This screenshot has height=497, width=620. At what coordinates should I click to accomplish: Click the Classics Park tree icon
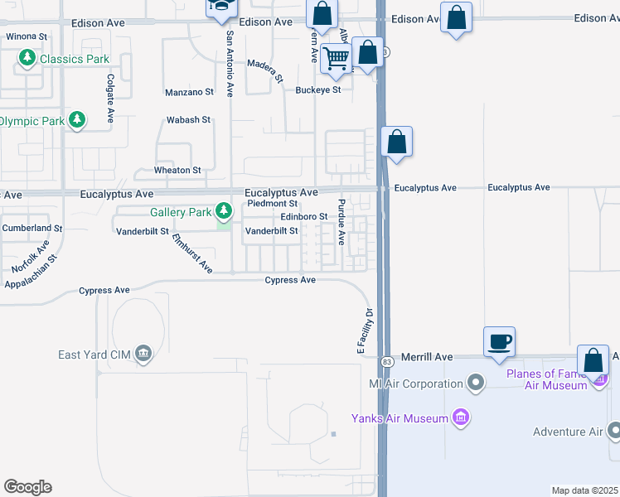click(27, 58)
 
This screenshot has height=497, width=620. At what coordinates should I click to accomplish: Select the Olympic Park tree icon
click(77, 121)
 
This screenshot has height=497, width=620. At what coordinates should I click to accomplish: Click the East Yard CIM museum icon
click(143, 355)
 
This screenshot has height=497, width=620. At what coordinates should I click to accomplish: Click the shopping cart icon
click(336, 59)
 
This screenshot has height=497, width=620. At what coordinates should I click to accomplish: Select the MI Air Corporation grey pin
click(475, 384)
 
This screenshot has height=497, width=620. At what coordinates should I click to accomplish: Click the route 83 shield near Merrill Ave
click(386, 362)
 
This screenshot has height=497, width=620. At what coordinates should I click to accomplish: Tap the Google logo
click(27, 487)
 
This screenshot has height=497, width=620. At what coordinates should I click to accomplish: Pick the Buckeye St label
click(318, 89)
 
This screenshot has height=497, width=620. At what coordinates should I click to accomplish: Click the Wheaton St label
click(178, 170)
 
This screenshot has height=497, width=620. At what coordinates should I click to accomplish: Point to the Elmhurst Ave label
click(192, 253)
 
